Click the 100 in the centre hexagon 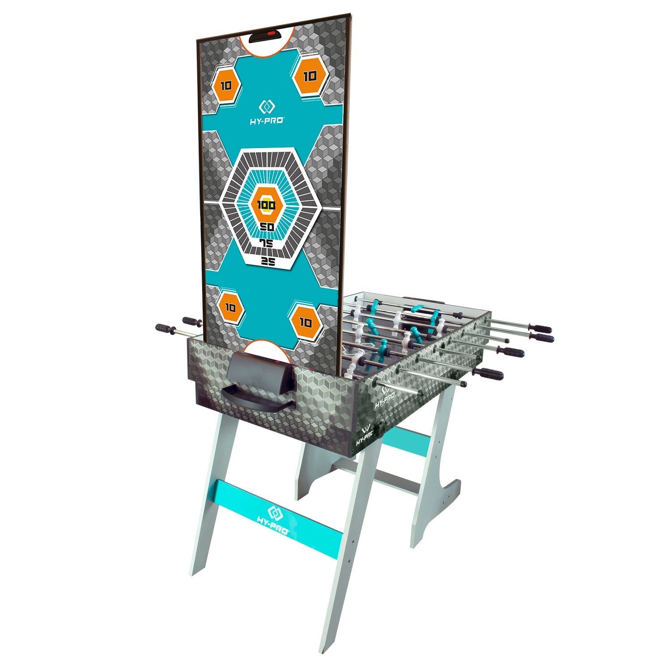[267, 205]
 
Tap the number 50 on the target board [267, 227]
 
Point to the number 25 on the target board [268, 263]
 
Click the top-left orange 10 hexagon [226, 85]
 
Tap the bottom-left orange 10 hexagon [230, 308]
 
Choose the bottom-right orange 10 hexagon [306, 322]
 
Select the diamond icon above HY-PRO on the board [267, 107]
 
